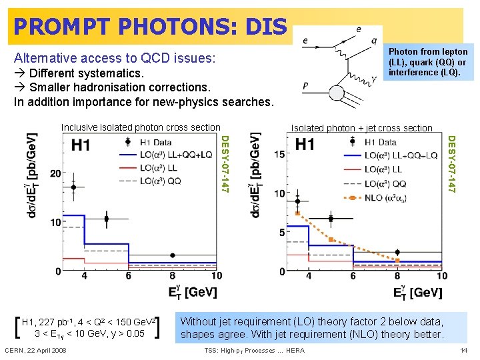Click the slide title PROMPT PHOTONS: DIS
tap(149, 26)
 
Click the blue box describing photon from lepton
tap(428, 62)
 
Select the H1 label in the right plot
tap(305, 145)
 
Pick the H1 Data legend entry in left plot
tap(152, 143)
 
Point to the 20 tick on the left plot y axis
tap(55, 173)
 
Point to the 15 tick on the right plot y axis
tap(280, 154)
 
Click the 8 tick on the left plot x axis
tap(173, 276)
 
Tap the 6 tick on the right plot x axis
tap(353, 276)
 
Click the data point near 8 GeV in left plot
tap(173, 255)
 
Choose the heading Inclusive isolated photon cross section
tap(140, 127)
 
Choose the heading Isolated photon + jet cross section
tap(361, 128)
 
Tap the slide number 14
tap(464, 350)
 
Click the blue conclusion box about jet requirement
tap(312, 328)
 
